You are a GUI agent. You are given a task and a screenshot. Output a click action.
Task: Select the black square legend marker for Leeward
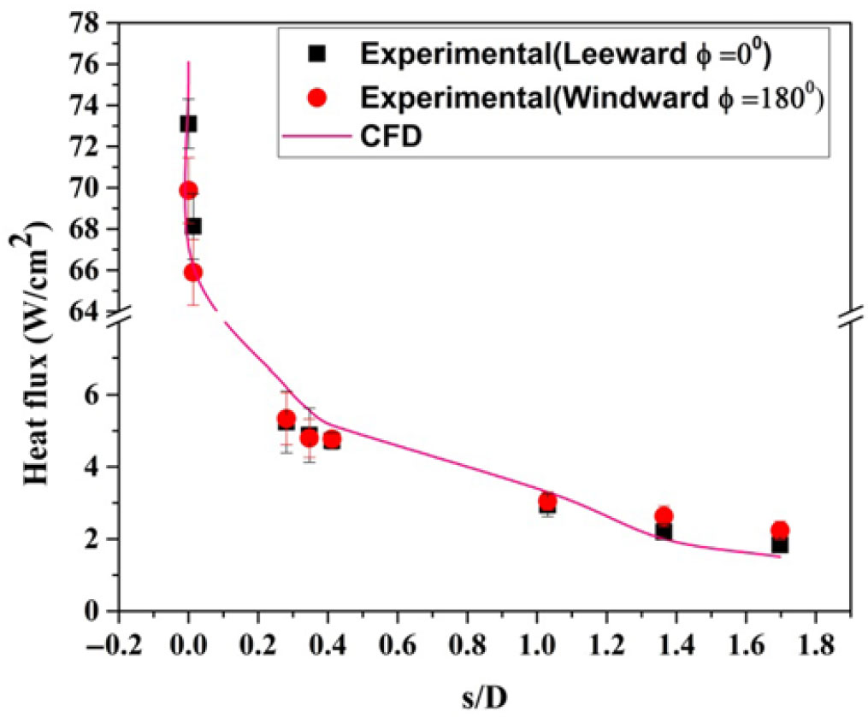pos(317,53)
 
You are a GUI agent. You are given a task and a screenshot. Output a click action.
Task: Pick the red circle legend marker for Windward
pos(317,97)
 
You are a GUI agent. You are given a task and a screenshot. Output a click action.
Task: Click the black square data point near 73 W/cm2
pos(187,124)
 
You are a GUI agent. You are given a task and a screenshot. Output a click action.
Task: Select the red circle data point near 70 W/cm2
pos(189,190)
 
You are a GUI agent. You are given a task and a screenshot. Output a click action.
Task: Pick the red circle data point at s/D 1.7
pos(779,530)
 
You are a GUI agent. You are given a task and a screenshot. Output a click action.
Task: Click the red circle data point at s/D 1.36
pos(664,515)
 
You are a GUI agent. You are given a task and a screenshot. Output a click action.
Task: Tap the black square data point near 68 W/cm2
pos(193,226)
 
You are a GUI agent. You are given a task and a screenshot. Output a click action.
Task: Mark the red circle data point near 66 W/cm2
pos(193,272)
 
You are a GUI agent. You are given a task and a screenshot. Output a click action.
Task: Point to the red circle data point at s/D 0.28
pos(286,418)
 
